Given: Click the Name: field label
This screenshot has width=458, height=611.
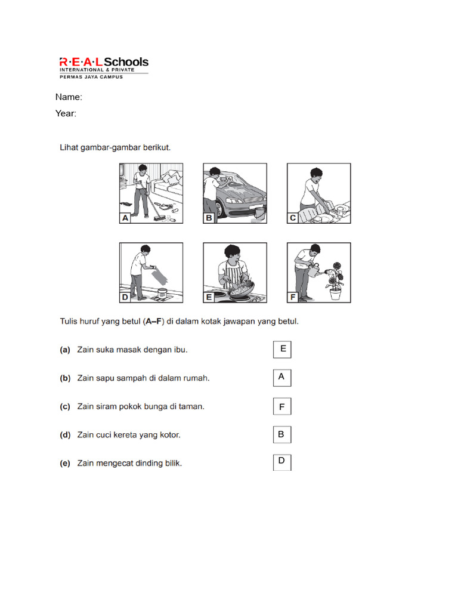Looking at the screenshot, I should click(x=69, y=97).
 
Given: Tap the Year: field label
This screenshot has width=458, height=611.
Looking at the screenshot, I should click(x=66, y=113).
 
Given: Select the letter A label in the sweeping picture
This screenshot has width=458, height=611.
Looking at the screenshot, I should click(x=125, y=218).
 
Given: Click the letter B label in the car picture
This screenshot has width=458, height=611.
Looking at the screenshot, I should click(x=209, y=218).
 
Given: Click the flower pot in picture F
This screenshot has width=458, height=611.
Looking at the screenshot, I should click(x=336, y=294).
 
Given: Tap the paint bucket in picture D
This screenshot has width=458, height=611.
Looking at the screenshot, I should click(x=160, y=293).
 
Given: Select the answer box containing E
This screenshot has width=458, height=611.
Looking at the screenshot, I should click(x=282, y=350).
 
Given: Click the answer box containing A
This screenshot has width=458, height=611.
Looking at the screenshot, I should click(x=282, y=378).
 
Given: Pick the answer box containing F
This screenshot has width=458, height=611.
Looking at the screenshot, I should click(x=282, y=407).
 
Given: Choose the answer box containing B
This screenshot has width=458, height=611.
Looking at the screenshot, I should click(x=282, y=435).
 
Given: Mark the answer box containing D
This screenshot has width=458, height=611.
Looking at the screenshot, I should click(x=282, y=462).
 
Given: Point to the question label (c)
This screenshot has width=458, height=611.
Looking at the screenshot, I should click(x=65, y=407).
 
